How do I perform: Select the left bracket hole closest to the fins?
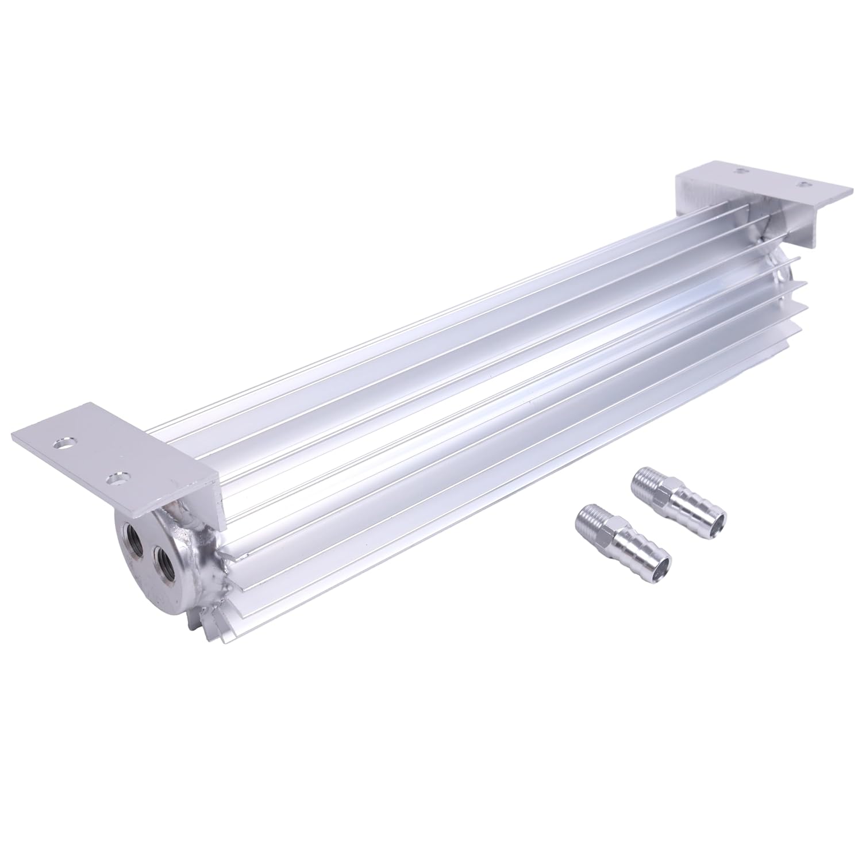tap(118, 478)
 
